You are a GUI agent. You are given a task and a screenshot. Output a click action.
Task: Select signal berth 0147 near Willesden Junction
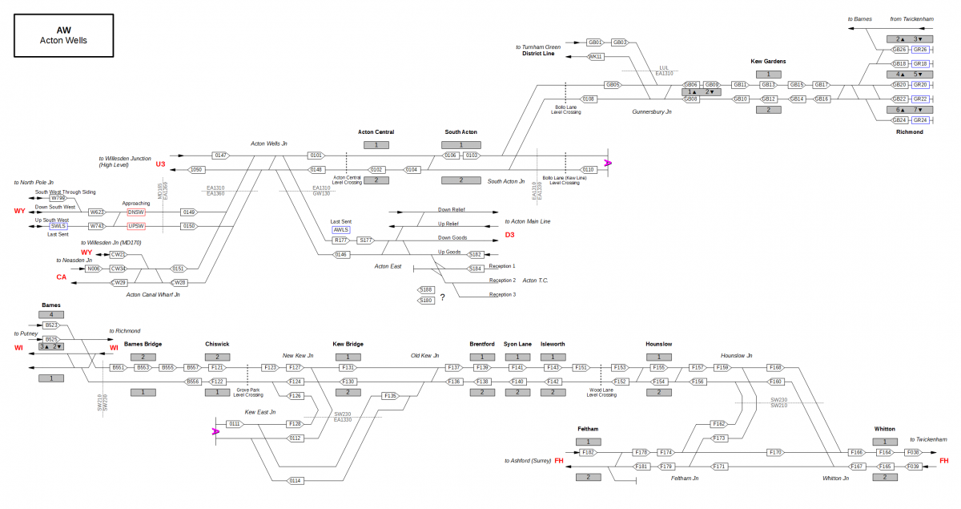tap(221, 155)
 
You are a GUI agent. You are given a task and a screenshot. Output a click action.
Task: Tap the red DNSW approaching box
tap(136, 212)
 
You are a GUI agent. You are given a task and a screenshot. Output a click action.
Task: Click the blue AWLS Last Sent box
tap(341, 229)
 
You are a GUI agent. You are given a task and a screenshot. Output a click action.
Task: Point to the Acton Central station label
tap(376, 132)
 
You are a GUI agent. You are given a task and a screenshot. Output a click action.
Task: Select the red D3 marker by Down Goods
tap(510, 234)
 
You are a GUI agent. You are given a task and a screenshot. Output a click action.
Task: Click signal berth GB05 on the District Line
tap(613, 84)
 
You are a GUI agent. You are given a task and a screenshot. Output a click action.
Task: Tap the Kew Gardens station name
tap(767, 61)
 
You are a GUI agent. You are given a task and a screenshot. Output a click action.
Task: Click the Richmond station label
tap(909, 132)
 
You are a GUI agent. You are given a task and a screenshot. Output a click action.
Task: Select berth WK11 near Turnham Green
tap(595, 57)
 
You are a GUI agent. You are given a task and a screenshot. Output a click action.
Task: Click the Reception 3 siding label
tap(502, 294)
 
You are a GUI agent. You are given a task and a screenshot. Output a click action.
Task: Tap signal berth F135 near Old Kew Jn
tap(390, 395)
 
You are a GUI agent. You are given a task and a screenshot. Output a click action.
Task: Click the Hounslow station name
tap(658, 344)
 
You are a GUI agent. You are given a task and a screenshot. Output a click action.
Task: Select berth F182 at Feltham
tap(589, 453)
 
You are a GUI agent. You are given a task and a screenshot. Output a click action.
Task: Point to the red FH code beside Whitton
tap(943, 460)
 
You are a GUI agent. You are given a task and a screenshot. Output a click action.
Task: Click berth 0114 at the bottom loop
tap(296, 480)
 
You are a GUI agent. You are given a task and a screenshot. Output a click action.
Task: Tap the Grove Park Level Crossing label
tap(247, 392)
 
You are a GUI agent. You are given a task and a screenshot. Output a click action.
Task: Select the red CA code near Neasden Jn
tap(61, 277)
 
